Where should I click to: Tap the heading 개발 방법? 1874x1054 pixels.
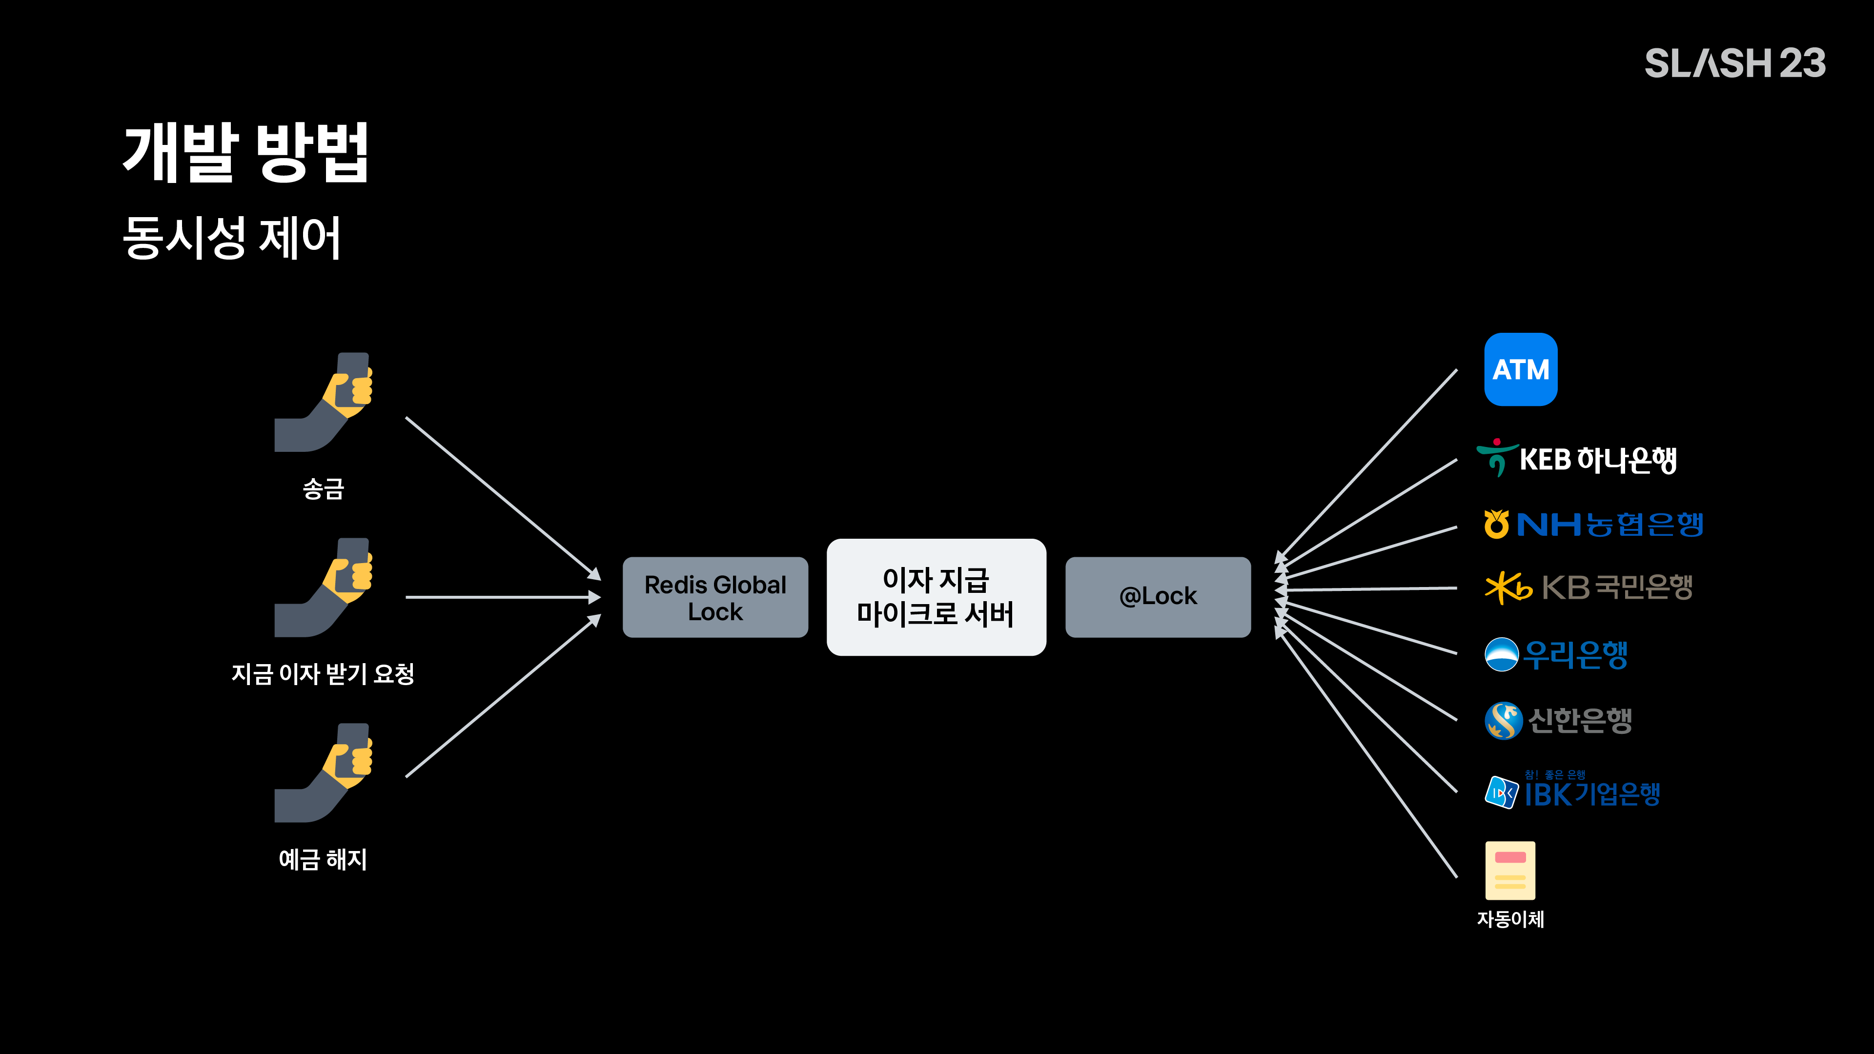coord(246,152)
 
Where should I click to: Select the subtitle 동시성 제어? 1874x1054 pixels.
coord(231,237)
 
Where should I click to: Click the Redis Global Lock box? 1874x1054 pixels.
coord(715,597)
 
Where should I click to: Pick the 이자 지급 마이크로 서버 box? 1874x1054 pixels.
coord(937,597)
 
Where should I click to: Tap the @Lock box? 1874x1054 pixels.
coord(1158,597)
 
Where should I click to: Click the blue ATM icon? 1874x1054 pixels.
coord(1521,369)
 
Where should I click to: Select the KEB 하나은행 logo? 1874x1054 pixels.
coord(1576,458)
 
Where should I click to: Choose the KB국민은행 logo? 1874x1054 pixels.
coord(1589,588)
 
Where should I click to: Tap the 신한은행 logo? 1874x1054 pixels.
coord(1558,720)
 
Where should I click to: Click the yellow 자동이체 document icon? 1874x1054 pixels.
coord(1510,871)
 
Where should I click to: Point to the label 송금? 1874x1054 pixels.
coord(323,488)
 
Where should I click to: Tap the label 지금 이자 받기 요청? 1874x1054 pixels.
coord(323,673)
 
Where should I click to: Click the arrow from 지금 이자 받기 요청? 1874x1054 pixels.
coord(504,597)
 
